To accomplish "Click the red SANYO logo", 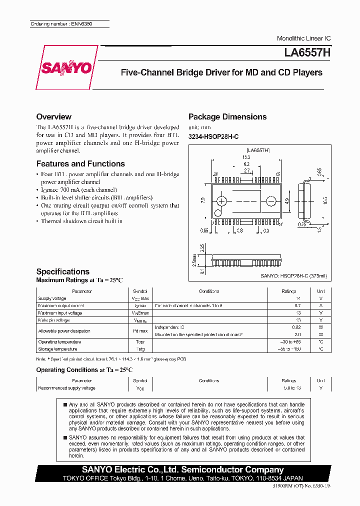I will (x=66, y=67).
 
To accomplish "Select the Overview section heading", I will (x=53, y=116).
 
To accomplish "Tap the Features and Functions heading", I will (x=80, y=163).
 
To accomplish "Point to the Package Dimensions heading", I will (x=227, y=116).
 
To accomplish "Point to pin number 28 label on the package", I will (x=215, y=174).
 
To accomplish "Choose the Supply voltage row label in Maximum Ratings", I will (x=52, y=298).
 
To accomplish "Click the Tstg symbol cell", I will (x=139, y=349).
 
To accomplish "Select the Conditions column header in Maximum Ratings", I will (x=208, y=291).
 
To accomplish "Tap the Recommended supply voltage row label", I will (x=66, y=388).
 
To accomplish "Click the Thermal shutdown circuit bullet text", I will (x=81, y=221).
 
